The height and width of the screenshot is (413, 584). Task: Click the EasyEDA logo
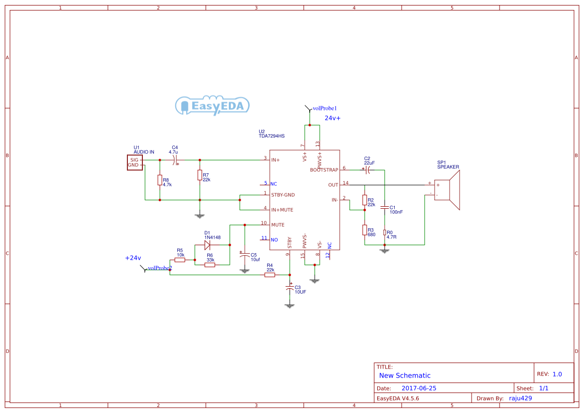pyautogui.click(x=212, y=105)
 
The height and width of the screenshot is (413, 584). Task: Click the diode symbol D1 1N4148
pyautogui.click(x=207, y=245)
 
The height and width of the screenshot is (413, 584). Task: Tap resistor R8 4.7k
pyautogui.click(x=160, y=180)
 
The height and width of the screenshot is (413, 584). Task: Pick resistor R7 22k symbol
pyautogui.click(x=200, y=175)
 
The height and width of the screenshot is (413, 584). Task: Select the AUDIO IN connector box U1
pyautogui.click(x=134, y=163)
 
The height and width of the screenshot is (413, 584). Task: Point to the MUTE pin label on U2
pyautogui.click(x=278, y=225)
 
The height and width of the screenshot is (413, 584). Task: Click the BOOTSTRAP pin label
pyautogui.click(x=324, y=170)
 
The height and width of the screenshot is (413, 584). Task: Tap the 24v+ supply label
pyautogui.click(x=333, y=118)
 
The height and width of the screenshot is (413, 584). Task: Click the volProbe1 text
pyautogui.click(x=325, y=108)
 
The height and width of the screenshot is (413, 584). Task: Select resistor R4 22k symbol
pyautogui.click(x=270, y=275)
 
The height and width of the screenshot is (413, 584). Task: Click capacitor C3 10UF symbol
pyautogui.click(x=290, y=289)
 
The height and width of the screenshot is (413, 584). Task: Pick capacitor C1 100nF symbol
pyautogui.click(x=385, y=206)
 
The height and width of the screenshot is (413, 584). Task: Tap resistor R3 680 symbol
pyautogui.click(x=365, y=230)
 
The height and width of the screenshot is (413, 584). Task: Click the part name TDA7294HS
pyautogui.click(x=271, y=136)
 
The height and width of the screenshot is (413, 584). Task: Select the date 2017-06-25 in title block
pyautogui.click(x=419, y=388)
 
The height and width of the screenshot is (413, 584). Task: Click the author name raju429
pyautogui.click(x=520, y=398)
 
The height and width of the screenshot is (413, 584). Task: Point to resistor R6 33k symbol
pyautogui.click(x=210, y=265)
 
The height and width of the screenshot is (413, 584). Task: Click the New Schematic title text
pyautogui.click(x=405, y=376)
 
